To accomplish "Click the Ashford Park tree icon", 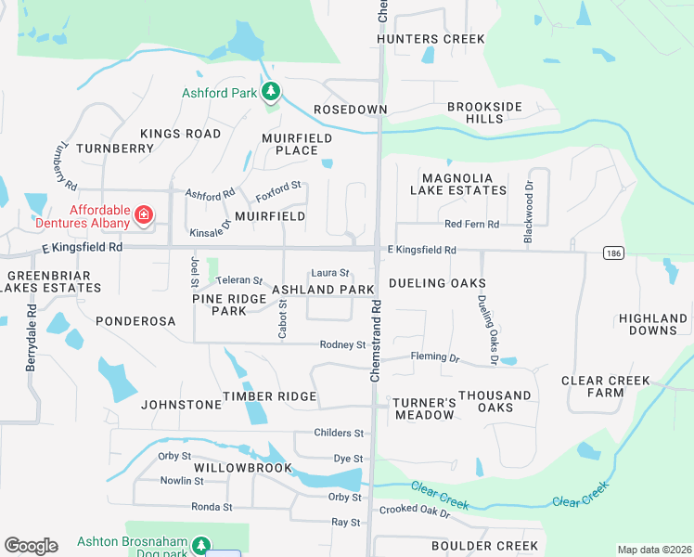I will pos(271,92).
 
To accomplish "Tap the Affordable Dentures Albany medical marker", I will pos(144,216).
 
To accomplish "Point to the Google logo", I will pos(31,546).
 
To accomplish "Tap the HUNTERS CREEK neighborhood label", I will pos(431,39).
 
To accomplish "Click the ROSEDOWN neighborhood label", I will pos(350,110).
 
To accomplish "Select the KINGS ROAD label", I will pos(181,134).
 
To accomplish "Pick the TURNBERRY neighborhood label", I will pos(115,149).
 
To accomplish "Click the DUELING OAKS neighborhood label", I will pos(437,282).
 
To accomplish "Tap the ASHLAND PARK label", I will pos(323,291).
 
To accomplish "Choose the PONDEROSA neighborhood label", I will pos(135,320).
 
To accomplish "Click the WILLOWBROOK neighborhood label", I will pos(244,468).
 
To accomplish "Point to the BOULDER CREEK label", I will pos(471,545).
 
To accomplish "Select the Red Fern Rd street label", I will pos(471,225).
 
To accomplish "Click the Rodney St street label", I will pos(342,345).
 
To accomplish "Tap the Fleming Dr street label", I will pos(435,357).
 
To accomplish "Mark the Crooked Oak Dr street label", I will pos(414,512).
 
